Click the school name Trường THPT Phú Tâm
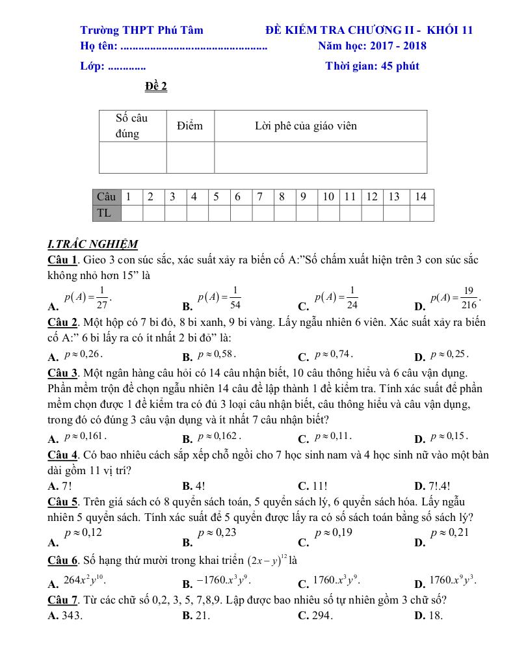(141, 30)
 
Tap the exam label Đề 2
(156, 87)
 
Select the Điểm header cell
(190, 126)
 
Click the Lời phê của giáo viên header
(306, 126)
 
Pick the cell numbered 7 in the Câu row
(259, 196)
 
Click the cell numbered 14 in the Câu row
(421, 196)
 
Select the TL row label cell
(105, 213)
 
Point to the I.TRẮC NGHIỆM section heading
(92, 245)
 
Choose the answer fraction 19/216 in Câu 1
(455, 297)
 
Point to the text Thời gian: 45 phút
(372, 66)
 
